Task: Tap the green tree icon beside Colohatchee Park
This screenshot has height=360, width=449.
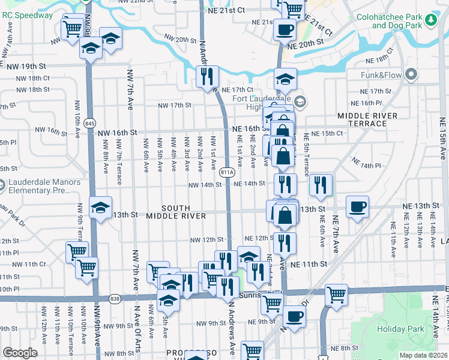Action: (x=430, y=20)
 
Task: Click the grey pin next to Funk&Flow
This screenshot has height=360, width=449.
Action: (x=411, y=75)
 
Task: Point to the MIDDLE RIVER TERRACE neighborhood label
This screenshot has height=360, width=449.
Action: (x=367, y=119)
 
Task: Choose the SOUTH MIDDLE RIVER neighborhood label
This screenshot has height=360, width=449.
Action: (x=176, y=215)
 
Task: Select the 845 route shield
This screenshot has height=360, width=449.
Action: (x=90, y=123)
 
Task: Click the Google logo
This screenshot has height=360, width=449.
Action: (x=20, y=353)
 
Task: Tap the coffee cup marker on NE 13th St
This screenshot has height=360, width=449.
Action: (x=358, y=207)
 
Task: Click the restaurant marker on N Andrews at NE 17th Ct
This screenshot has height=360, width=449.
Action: (x=207, y=76)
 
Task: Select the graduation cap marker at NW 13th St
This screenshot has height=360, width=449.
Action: (x=100, y=208)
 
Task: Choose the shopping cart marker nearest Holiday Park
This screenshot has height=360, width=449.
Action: (x=336, y=295)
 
